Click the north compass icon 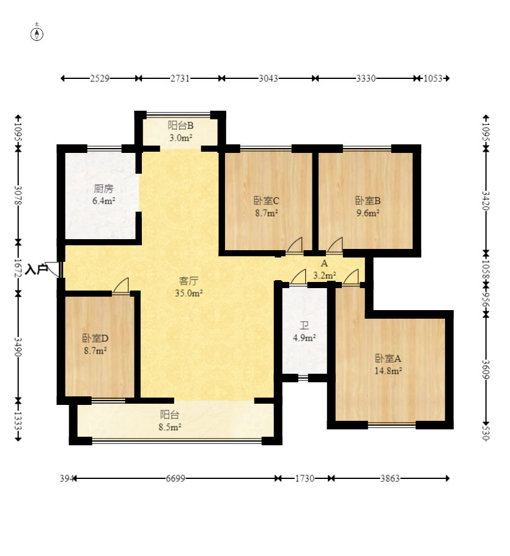pos(37,34)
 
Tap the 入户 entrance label pos(37,269)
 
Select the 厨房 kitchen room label pos(103,188)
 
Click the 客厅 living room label pos(188,281)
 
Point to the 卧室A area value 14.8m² pos(388,371)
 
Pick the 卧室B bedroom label pos(368,201)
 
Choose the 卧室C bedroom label pos(267,201)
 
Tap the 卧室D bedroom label pos(95,338)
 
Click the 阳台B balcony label pos(181,125)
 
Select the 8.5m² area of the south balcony pos(170,427)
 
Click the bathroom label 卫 pos(304,325)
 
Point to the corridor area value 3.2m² pos(325,275)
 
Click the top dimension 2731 pos(180,78)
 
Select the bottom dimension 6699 pos(176,479)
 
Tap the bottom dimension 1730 pos(305,479)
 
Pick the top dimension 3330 pos(366,78)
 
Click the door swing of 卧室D pos(122,286)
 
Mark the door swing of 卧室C pos(295,245)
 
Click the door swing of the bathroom pos(298,277)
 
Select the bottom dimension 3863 pos(390,479)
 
